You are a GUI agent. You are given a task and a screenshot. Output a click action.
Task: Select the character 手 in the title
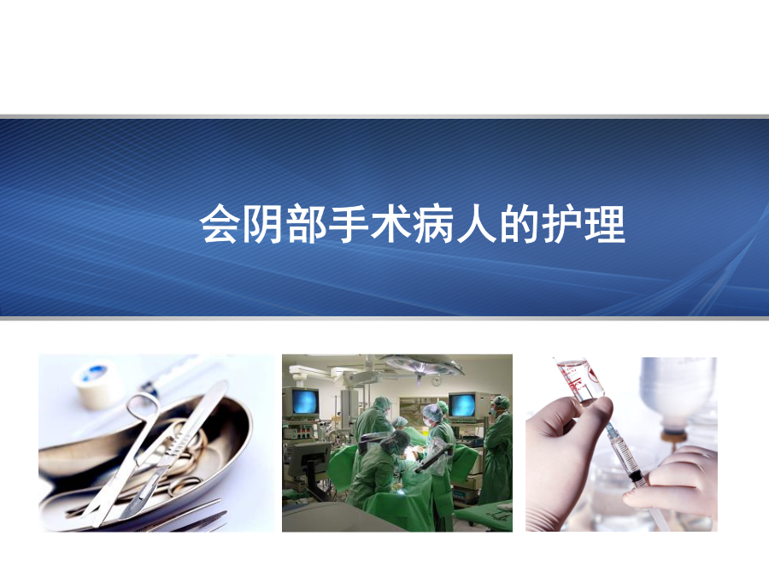pos(349,224)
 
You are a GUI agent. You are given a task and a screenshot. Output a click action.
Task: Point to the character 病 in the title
pos(433,224)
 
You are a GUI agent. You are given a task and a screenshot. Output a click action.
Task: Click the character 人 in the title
pos(476,224)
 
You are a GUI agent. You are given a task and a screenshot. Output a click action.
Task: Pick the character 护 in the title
pos(561,224)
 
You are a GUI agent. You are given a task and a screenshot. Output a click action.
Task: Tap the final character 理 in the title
pos(605,224)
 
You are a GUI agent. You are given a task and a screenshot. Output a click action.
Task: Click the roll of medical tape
pos(97,383)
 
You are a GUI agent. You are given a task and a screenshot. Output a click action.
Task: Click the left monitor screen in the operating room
pos(304,402)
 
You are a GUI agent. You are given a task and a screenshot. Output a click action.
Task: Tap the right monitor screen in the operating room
pos(462,406)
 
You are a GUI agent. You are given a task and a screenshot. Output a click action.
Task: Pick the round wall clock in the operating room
pos(436,380)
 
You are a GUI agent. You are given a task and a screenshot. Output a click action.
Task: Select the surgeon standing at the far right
pos(497,450)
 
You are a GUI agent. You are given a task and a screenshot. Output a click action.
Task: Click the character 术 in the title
pos(390,224)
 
